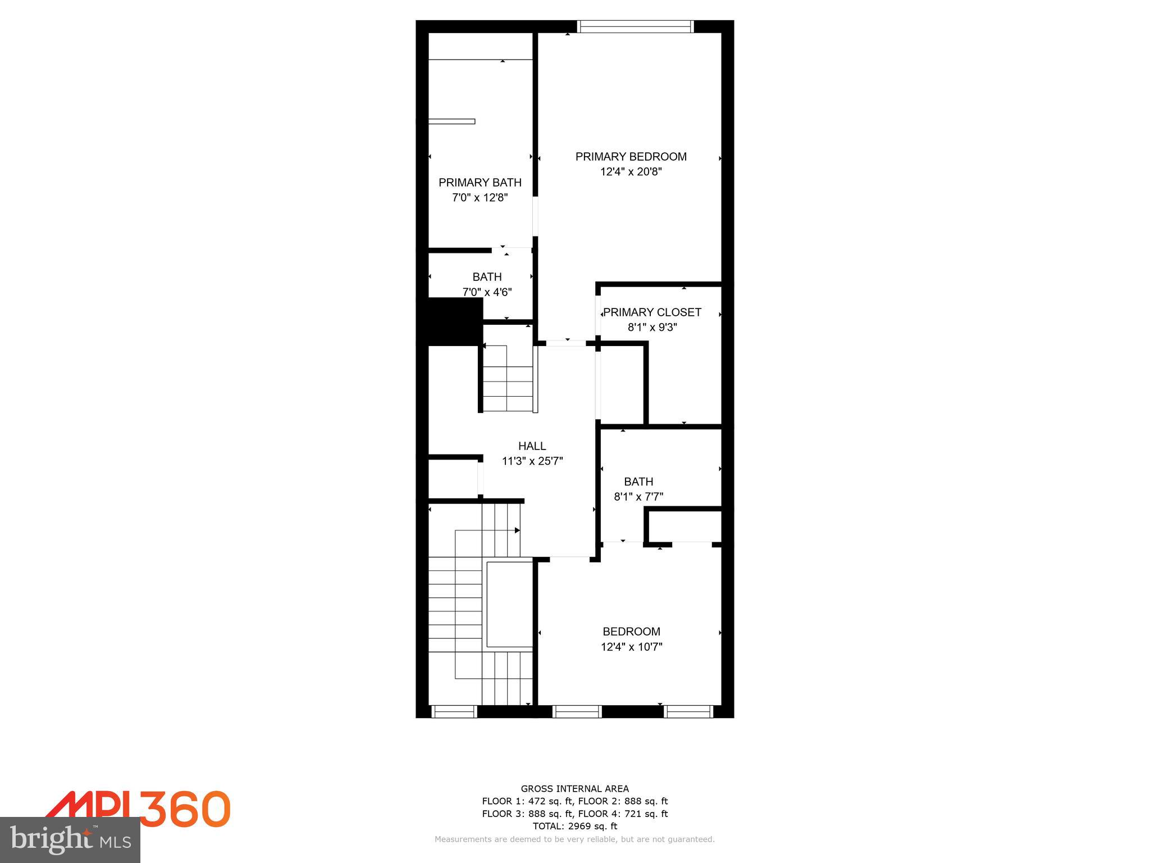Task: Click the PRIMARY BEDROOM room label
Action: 631,157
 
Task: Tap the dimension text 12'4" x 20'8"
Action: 631,172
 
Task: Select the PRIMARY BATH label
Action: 480,183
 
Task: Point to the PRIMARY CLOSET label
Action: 652,312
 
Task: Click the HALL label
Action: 532,446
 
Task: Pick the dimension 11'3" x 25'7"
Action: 532,461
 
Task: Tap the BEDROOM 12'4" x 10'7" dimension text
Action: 631,647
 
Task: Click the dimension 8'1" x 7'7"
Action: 638,497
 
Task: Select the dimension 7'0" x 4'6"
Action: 487,292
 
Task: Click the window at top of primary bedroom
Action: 635,26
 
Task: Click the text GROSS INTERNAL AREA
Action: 574,789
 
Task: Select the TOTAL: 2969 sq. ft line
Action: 574,826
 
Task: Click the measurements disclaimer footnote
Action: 574,839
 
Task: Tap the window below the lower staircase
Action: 455,711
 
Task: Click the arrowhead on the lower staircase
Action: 517,530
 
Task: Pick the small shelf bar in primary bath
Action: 452,121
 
